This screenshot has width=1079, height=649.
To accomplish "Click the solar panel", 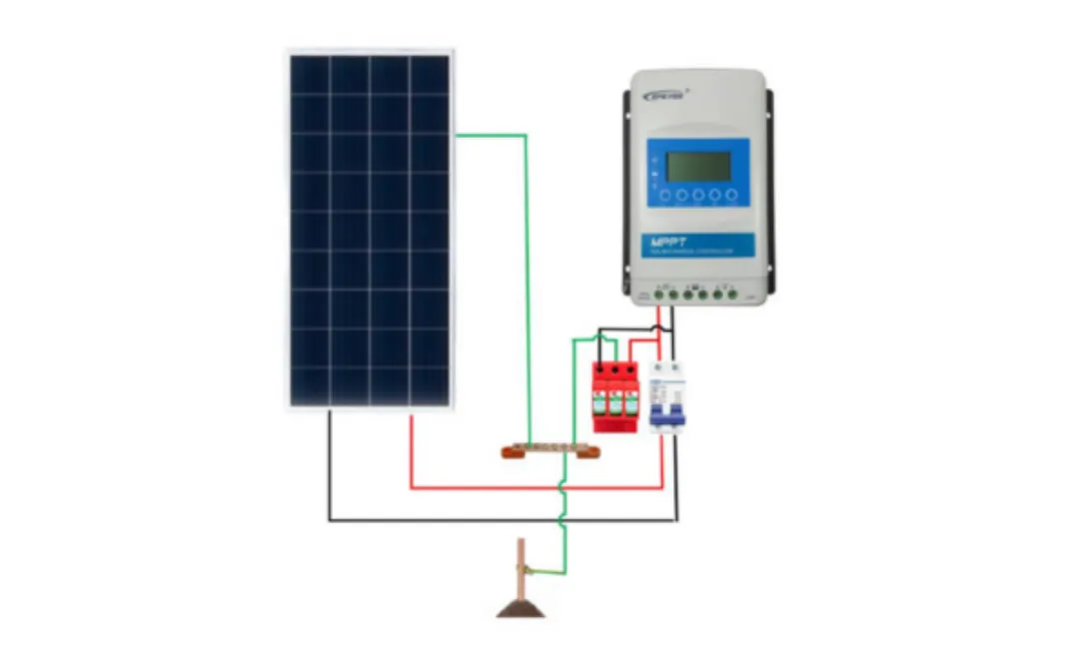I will point(370,230).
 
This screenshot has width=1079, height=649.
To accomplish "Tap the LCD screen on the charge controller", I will point(698,166).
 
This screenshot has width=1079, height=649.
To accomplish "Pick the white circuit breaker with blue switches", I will point(666,396).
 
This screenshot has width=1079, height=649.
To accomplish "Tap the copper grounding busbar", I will point(551,450).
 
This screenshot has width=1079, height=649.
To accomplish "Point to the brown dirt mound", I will point(521,608).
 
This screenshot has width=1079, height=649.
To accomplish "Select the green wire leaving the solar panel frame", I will point(490,135).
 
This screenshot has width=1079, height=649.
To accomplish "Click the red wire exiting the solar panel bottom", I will point(412,449).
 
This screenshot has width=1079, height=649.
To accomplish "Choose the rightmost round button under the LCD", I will point(731,195).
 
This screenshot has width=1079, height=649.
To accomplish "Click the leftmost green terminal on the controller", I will point(660,294).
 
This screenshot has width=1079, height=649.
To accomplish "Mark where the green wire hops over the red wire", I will point(562,488).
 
